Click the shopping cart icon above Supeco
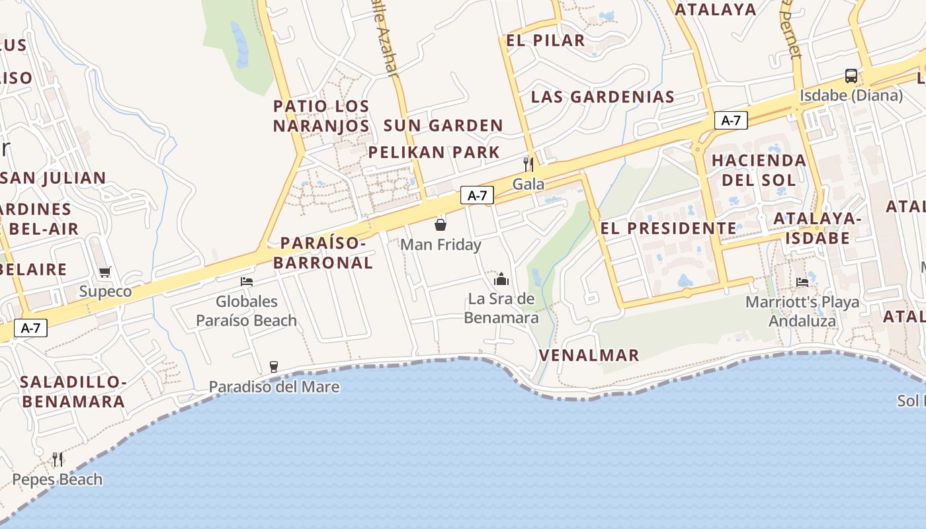pos(105,272)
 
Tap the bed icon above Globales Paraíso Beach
pos(247,282)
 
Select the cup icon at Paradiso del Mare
pos(273,367)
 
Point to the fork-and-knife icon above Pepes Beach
pos(58,459)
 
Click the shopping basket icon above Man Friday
pos(441,225)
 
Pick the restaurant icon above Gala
pos(528,164)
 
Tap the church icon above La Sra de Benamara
pos(501,279)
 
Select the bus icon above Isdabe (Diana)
pos(851,76)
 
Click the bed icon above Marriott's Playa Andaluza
pos(803,282)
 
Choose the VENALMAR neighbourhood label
pos(589,355)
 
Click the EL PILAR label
pos(546,40)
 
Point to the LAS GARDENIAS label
pos(603,97)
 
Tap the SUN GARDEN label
pos(443,125)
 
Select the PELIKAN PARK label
pos(434,152)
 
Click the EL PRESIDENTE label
pos(668,228)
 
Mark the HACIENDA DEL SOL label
pos(759,170)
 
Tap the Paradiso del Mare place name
pos(274,387)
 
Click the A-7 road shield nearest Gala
pos(477,196)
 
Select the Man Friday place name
pos(441,245)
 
